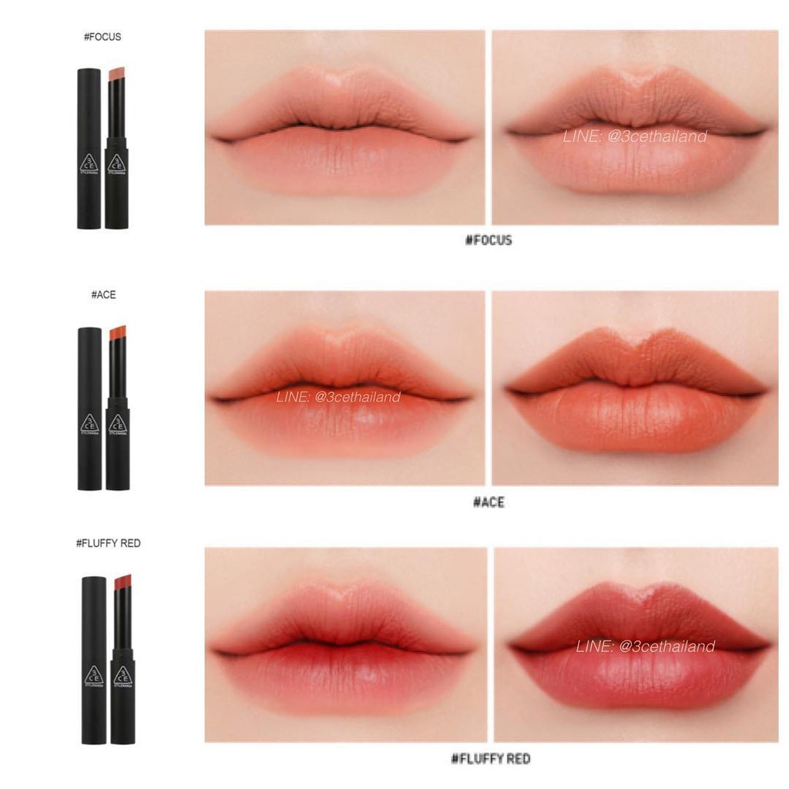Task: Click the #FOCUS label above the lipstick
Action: pos(102,36)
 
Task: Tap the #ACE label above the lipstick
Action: pos(102,295)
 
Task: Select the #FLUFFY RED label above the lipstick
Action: pos(109,543)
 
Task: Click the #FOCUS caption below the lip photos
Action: pos(489,240)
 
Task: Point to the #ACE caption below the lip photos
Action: pos(489,502)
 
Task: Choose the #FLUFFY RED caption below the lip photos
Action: pos(490,759)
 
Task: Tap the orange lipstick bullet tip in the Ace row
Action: pos(118,333)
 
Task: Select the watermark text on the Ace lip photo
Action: pos(338,398)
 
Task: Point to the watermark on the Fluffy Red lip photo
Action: pos(646,646)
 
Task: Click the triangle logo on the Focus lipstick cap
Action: pos(89,163)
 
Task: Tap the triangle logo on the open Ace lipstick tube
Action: pos(117,425)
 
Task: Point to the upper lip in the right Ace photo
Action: pos(633,355)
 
